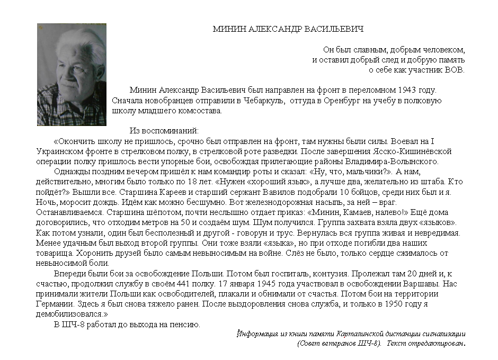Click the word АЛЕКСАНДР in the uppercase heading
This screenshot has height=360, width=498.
[277, 29]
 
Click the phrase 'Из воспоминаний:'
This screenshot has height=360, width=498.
[164, 130]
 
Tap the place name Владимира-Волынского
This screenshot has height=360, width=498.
[392, 161]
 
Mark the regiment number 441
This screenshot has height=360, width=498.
[174, 284]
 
